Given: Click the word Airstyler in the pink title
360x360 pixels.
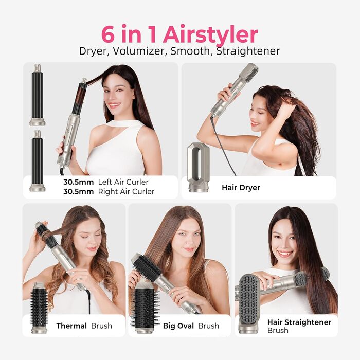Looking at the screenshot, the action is click(210, 34).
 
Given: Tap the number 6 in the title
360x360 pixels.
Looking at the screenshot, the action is click(107, 34).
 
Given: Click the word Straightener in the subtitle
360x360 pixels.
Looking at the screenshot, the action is click(248, 51).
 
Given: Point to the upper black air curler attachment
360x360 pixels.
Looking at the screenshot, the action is click(37, 95).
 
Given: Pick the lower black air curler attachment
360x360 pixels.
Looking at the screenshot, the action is click(37, 160).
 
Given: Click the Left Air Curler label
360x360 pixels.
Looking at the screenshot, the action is click(123, 182).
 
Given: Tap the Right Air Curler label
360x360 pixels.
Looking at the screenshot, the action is click(126, 191).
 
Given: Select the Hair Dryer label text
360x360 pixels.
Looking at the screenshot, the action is click(241, 188).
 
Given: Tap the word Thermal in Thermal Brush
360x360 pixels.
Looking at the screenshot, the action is click(71, 326).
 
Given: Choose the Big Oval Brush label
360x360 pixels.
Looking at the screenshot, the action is click(191, 326).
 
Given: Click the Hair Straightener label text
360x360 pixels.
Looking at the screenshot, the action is click(299, 322).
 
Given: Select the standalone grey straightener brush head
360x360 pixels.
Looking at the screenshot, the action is click(249, 303).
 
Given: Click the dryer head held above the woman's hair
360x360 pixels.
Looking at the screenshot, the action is click(248, 73).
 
